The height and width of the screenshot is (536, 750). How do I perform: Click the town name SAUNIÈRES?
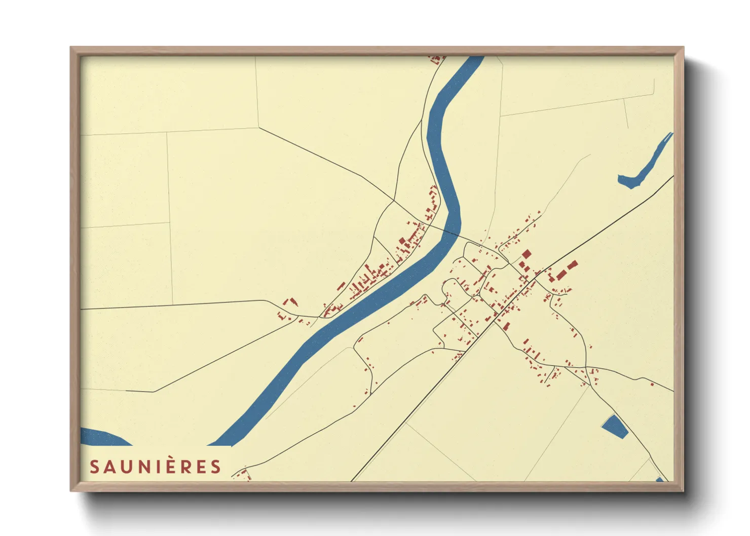[156, 467]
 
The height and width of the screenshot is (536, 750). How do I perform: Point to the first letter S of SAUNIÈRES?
[94, 467]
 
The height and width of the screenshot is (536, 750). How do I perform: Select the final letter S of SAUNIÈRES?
[216, 467]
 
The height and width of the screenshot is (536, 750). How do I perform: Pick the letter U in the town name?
[127, 467]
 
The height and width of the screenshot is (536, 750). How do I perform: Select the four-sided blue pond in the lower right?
[615, 426]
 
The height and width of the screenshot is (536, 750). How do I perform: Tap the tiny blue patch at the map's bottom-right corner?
[659, 479]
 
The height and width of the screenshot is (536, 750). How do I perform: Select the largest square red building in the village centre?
[527, 254]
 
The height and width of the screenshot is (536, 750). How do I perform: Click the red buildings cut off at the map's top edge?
[437, 60]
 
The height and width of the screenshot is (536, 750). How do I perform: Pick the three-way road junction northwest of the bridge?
[394, 201]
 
